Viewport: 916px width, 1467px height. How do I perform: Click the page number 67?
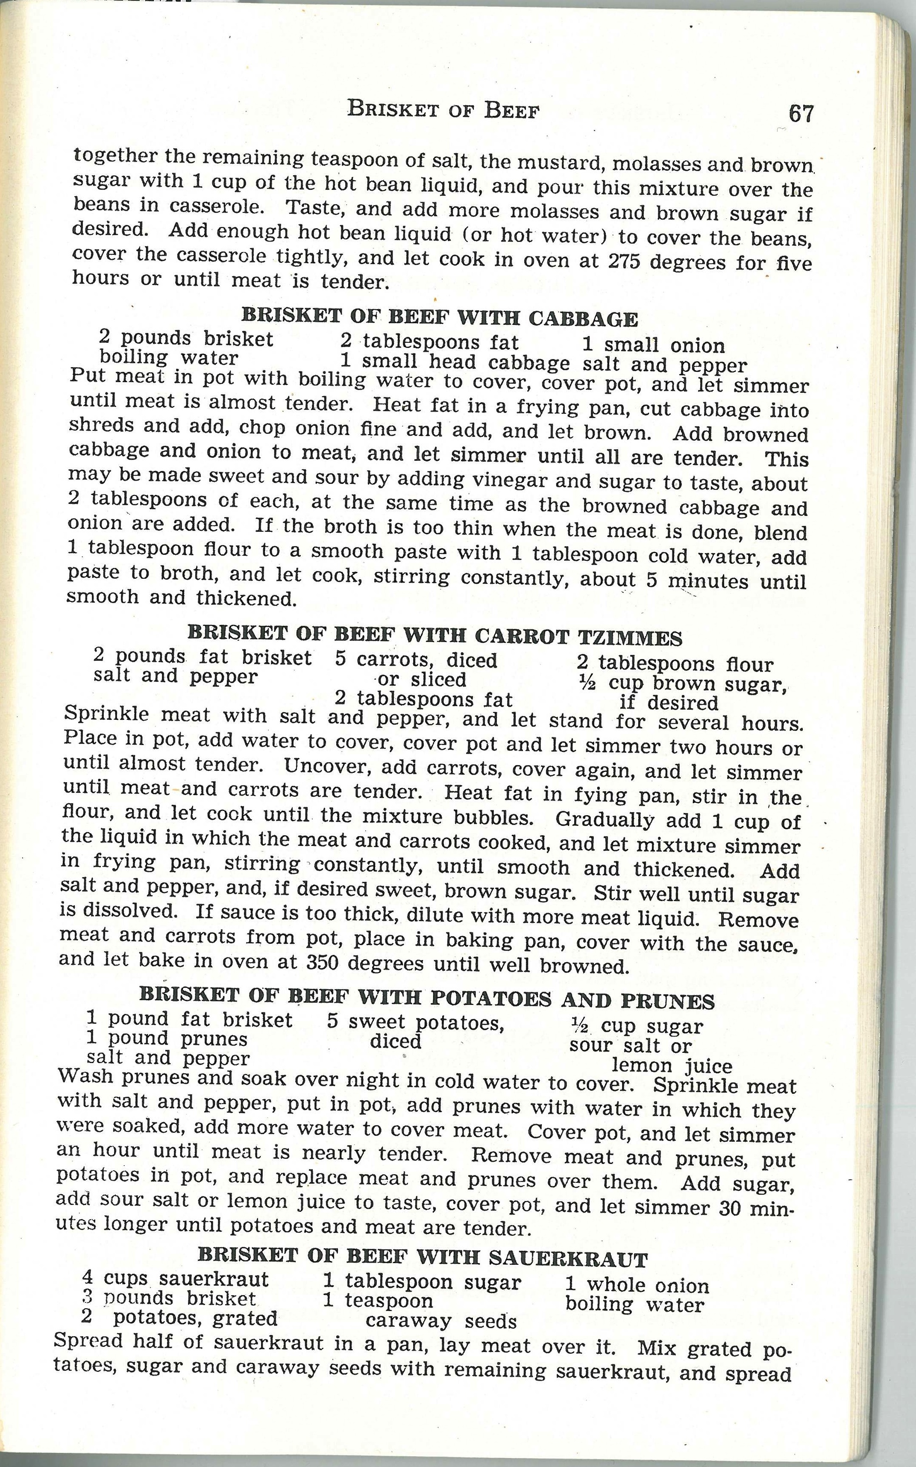801,113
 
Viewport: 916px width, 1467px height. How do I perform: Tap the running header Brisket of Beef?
443,109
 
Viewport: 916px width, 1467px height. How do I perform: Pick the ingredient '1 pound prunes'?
167,1039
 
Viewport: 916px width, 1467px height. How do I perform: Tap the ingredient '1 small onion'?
653,345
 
